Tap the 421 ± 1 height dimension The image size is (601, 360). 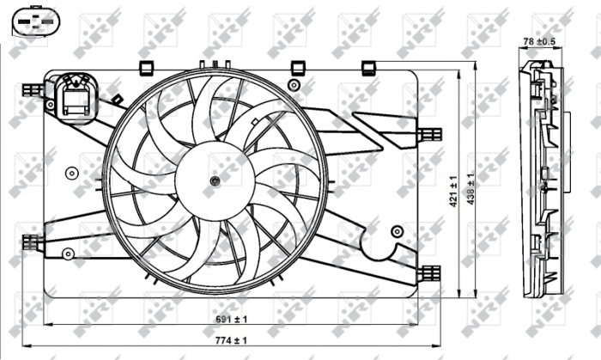pyautogui.click(x=453, y=186)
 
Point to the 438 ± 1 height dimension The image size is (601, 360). pyautogui.click(x=470, y=186)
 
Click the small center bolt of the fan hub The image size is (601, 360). pyautogui.click(x=215, y=180)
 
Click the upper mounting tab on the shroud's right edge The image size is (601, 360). pyautogui.click(x=429, y=133)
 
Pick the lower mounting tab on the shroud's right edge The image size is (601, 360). pyautogui.click(x=429, y=273)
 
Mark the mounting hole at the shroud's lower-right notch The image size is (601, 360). pyautogui.click(x=397, y=231)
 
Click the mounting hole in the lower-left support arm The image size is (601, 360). pyautogui.click(x=70, y=253)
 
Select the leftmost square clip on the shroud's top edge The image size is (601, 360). pyautogui.click(x=145, y=66)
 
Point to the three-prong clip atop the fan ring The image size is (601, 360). pyautogui.click(x=214, y=64)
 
